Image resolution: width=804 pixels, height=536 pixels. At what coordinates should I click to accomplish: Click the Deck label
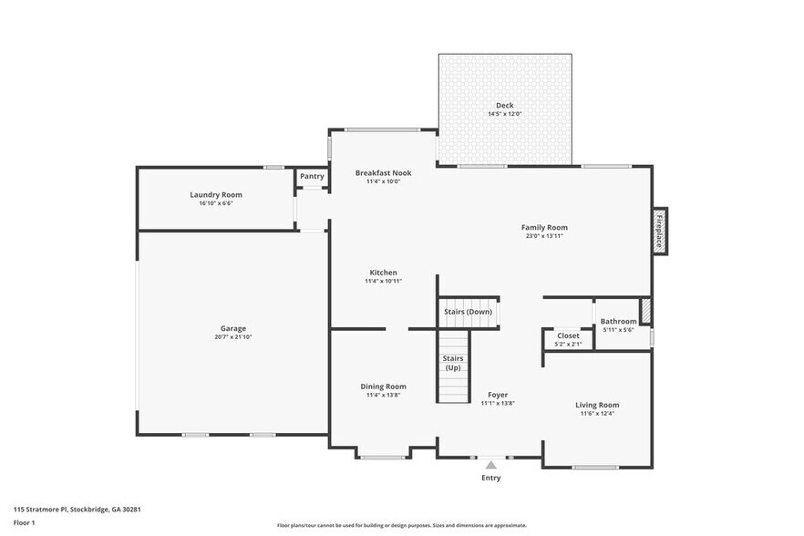coord(504,106)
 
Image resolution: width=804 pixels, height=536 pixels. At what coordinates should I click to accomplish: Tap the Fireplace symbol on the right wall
coord(659,231)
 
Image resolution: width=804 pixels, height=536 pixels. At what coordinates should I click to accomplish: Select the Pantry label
coord(312,176)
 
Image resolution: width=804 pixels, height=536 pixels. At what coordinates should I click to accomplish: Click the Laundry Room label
coord(216,194)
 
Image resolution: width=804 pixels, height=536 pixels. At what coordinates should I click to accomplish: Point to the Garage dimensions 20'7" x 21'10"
coord(232,337)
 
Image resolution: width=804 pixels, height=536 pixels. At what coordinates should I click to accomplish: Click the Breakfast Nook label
coord(383,172)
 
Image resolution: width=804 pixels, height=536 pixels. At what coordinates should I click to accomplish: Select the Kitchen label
coord(383,273)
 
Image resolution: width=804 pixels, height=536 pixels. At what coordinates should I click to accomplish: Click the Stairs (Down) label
coord(468,312)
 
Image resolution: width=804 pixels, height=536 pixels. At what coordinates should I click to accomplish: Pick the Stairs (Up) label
coord(453,363)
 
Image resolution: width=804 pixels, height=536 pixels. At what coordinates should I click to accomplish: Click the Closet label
coord(568,335)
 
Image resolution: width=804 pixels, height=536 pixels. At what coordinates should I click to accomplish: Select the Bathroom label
coord(618,321)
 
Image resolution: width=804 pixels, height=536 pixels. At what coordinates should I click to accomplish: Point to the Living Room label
coord(597,405)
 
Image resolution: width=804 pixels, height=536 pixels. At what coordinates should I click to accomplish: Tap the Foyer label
coord(498,395)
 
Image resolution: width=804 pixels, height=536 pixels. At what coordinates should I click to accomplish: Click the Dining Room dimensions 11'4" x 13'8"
coord(383,395)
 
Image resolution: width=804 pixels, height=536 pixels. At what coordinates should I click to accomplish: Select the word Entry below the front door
coord(490,478)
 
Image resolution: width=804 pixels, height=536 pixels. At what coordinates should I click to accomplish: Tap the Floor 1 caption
coord(24,522)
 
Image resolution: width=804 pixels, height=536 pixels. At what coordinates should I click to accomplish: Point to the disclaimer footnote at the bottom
coord(401,525)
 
